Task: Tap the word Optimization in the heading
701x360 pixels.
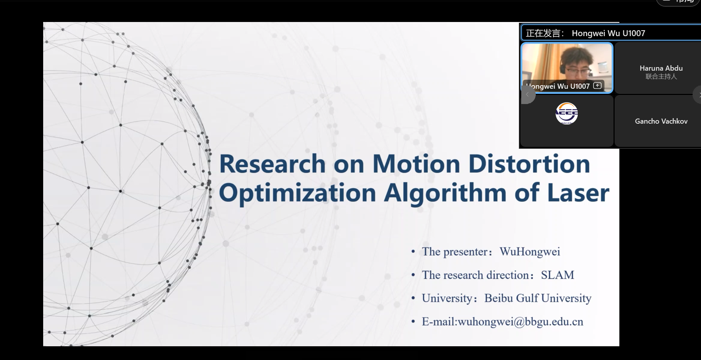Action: pos(297,193)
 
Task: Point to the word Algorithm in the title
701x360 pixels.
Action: pos(445,193)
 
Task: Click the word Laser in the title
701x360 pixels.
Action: pos(578,193)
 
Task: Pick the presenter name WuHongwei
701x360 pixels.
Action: pos(530,252)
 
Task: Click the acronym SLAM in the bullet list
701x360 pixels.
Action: pos(557,275)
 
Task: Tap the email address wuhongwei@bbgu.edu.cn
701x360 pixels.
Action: pos(520,322)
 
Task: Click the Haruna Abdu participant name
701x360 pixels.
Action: pos(661,68)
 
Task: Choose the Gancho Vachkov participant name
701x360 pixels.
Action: pos(661,121)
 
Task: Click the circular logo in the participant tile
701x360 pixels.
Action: pos(566,113)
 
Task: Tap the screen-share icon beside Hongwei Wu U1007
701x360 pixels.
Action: pos(597,86)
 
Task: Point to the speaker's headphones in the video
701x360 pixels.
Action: pos(564,68)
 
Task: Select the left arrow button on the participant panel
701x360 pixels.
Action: pos(528,95)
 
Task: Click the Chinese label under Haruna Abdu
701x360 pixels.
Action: pos(661,77)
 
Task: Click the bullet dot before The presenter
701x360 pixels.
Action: pos(413,252)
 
